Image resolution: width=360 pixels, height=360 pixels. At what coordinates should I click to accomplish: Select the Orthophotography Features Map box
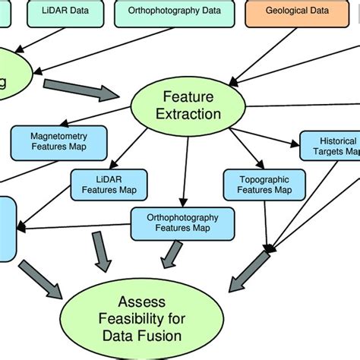[182, 222]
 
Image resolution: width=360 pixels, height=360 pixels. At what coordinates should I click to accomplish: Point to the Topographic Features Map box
[261, 184]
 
